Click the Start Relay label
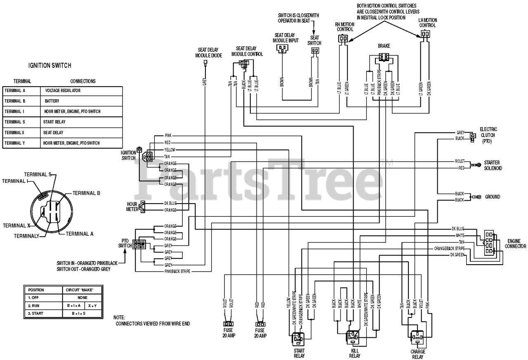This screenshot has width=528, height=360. click(299, 353)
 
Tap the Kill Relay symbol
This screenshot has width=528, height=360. click(352, 338)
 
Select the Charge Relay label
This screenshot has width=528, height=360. click(417, 354)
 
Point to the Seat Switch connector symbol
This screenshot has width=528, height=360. click(316, 51)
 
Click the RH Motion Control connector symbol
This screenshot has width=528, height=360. click(342, 39)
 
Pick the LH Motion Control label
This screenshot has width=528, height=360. click(427, 23)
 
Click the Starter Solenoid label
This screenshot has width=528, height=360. click(493, 166)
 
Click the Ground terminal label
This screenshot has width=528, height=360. click(493, 197)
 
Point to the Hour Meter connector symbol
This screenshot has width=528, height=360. click(142, 206)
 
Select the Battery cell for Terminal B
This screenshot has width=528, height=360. click(52, 101)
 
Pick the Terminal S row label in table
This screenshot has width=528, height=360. click(15, 122)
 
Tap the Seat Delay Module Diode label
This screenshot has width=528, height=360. click(208, 52)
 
